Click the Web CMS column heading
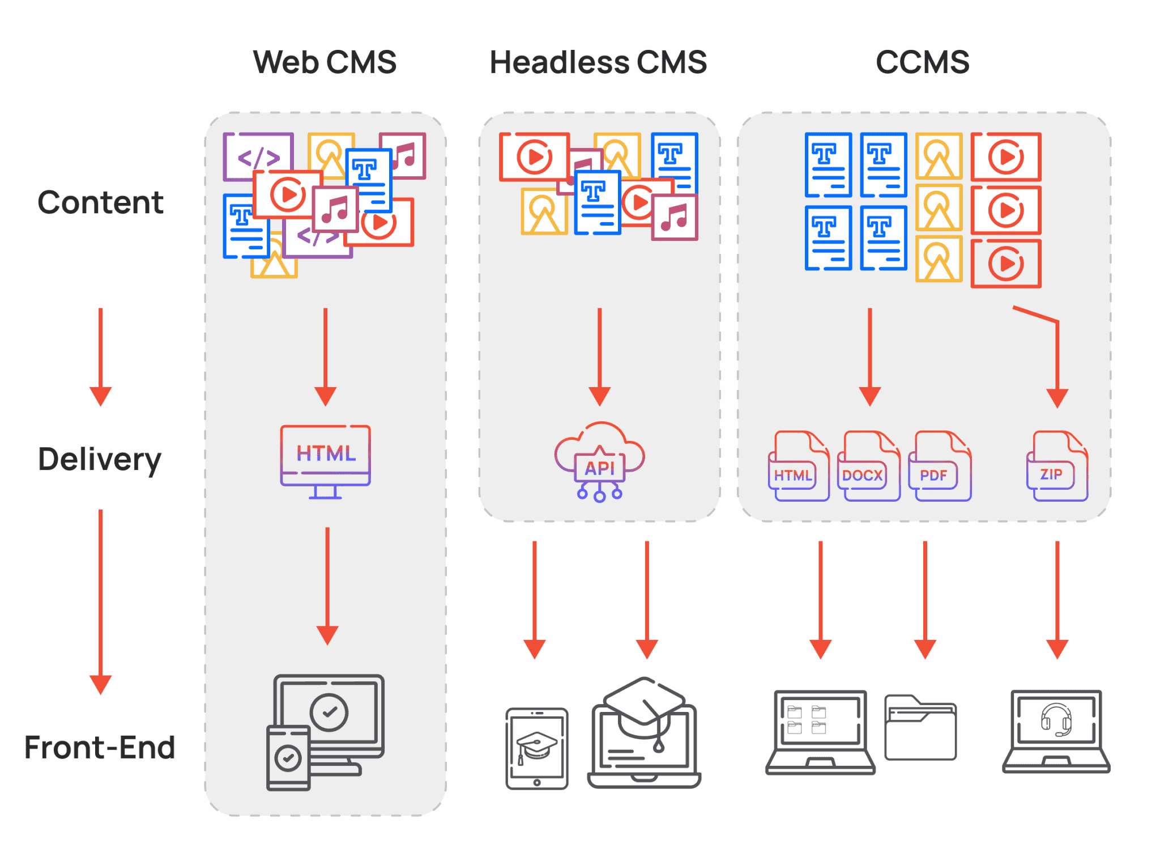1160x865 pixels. (x=325, y=62)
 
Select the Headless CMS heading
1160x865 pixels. (x=598, y=62)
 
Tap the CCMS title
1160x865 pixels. (x=922, y=62)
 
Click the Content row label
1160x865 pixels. (x=101, y=202)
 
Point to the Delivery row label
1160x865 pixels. (x=100, y=459)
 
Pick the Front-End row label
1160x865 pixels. (x=100, y=747)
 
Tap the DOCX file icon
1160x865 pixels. (x=868, y=466)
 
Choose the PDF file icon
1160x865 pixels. (x=939, y=466)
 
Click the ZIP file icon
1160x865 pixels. (x=1057, y=466)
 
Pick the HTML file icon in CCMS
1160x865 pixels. (x=799, y=466)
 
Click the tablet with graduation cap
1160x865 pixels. (x=537, y=748)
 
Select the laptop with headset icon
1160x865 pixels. (x=1056, y=731)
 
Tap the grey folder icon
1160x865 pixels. (x=920, y=728)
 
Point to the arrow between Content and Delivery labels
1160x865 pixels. (x=101, y=357)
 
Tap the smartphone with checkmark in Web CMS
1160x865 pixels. (x=288, y=758)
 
